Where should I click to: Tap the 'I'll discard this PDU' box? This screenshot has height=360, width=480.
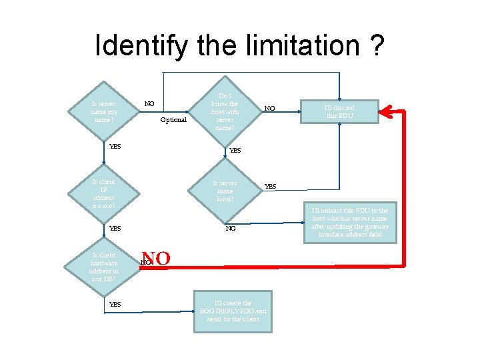tap(340, 111)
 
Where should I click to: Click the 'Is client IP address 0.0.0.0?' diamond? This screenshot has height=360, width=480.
tap(104, 193)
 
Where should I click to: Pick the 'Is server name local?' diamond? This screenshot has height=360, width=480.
tap(225, 191)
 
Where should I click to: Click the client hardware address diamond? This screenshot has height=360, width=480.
tap(104, 267)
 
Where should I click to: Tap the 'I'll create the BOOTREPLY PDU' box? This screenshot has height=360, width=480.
tap(233, 311)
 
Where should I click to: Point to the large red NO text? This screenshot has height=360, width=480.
tap(156, 259)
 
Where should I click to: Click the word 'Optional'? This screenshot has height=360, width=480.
tap(173, 120)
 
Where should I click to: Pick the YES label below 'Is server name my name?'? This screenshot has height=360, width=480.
tap(115, 146)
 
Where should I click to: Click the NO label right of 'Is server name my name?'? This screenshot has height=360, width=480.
tap(149, 104)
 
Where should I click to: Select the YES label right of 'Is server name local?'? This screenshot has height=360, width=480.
tap(271, 186)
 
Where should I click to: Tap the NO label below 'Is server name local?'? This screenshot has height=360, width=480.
tap(231, 228)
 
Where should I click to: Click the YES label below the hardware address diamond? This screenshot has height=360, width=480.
tap(115, 305)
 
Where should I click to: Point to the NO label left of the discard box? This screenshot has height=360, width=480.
tap(269, 108)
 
